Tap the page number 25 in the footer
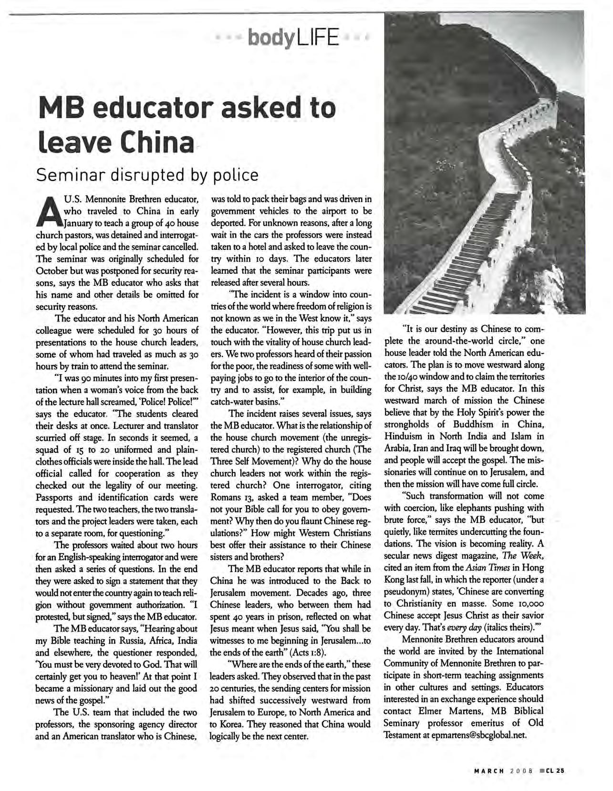[x=560, y=769]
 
